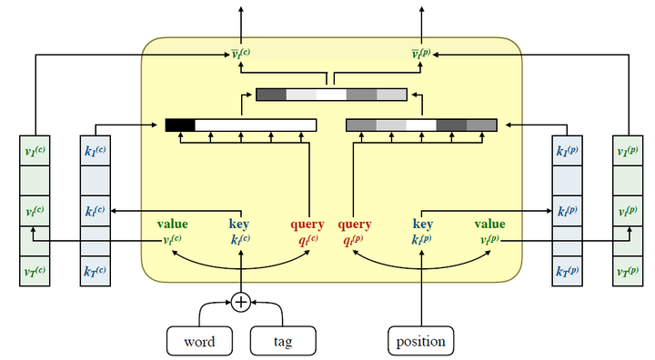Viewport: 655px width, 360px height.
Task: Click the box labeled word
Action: (x=200, y=342)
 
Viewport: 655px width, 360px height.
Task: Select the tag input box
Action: (x=283, y=342)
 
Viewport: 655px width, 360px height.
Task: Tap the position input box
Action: (x=421, y=342)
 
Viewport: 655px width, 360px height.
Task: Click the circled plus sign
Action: (x=240, y=302)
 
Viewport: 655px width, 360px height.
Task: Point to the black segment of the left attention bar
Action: (x=179, y=125)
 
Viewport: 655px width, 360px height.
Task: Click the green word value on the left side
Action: (x=172, y=224)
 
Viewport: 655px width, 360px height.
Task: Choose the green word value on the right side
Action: (x=489, y=224)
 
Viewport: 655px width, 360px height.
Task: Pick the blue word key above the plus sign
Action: (x=240, y=224)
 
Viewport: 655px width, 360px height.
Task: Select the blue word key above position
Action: (x=422, y=224)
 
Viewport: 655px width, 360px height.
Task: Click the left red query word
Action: (x=307, y=224)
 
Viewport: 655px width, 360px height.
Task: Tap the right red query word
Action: (x=355, y=224)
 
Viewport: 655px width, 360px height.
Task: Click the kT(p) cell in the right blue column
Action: (x=567, y=272)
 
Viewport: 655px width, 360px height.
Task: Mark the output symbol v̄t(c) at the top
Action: (x=240, y=54)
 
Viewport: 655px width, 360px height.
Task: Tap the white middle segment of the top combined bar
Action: (x=331, y=95)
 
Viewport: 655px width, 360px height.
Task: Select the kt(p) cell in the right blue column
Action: (x=567, y=212)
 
